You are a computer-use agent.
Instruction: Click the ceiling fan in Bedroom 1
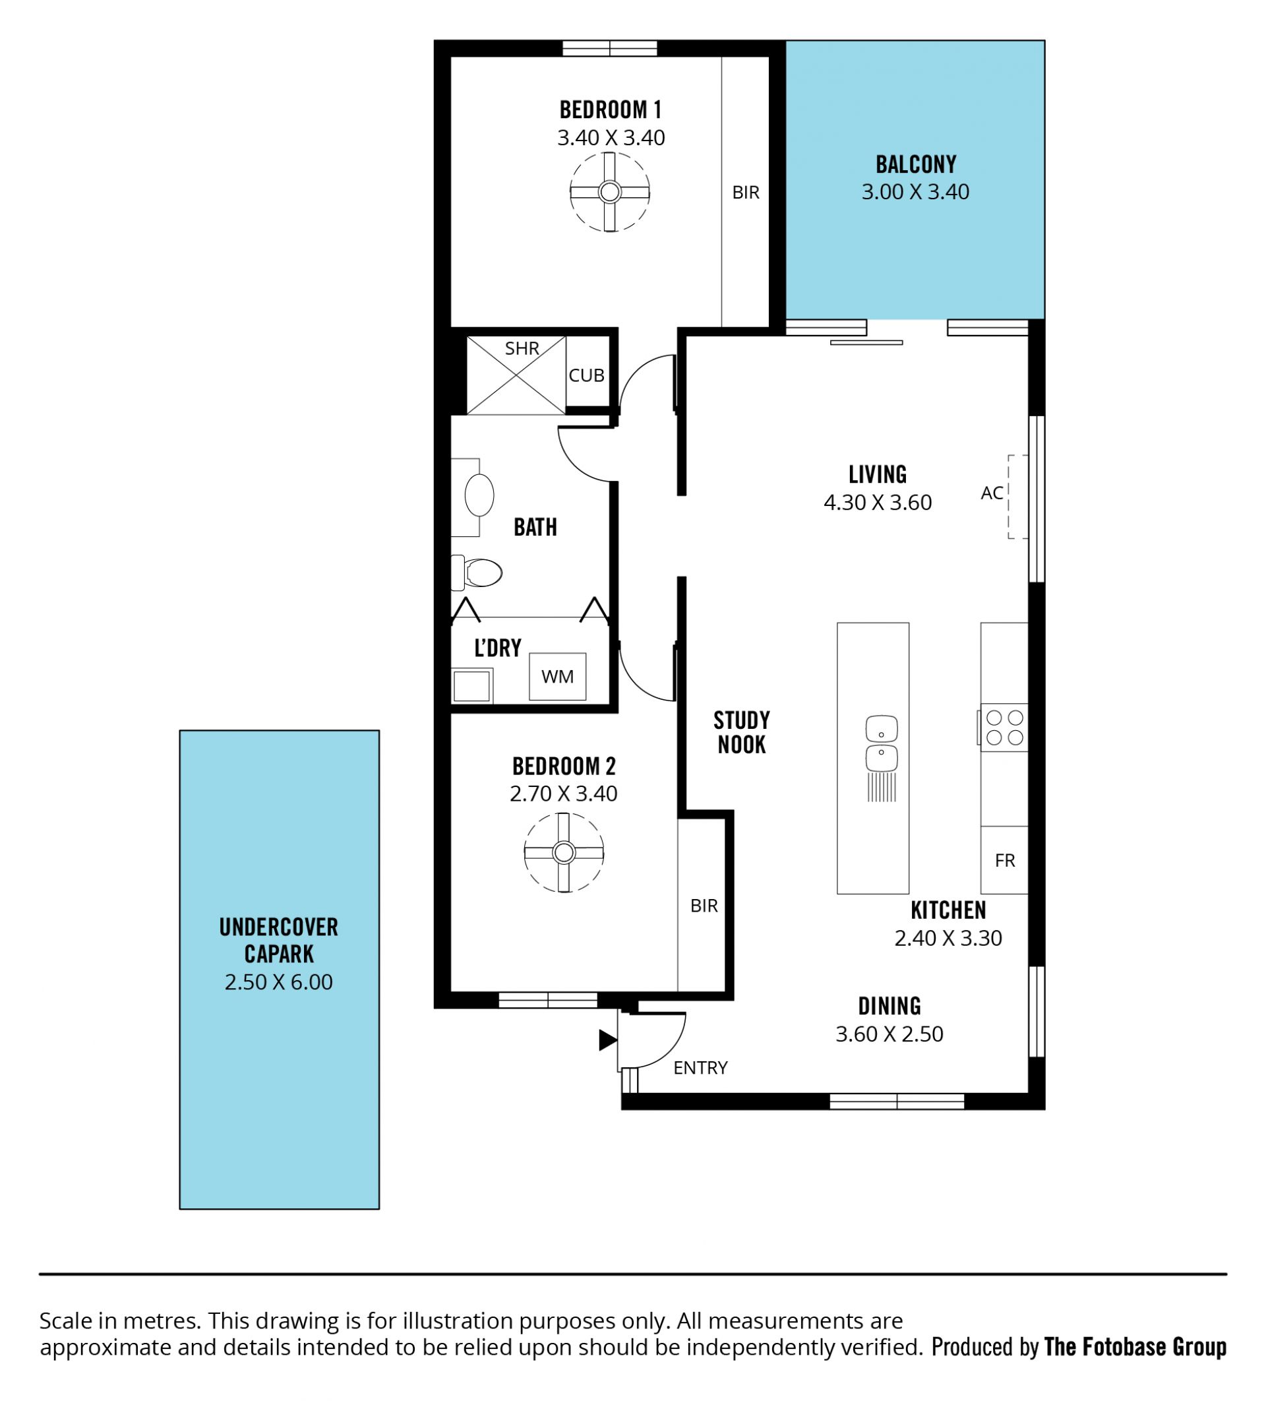pos(609,192)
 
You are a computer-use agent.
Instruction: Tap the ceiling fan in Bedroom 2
pos(564,852)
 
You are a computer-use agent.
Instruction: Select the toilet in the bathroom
pos(477,573)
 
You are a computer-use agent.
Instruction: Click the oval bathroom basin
pos(479,495)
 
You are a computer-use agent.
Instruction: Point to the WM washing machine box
pos(557,676)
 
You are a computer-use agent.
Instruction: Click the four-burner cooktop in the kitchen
pos(1004,727)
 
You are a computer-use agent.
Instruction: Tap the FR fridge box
pos(1004,859)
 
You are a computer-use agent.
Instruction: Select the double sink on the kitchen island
pos(881,743)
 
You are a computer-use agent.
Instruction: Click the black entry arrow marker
pos(608,1040)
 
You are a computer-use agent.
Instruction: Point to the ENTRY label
pos(700,1067)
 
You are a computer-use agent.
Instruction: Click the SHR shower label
pos(522,348)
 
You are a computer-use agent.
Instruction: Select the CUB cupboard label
pos(586,375)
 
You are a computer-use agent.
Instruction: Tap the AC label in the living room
pos(992,493)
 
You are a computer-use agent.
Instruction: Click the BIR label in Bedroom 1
pos(746,193)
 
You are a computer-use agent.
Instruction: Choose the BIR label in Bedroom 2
pos(704,906)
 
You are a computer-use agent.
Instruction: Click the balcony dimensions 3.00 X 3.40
pos(915,192)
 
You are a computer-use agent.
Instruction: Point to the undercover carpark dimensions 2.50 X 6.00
pos(279,982)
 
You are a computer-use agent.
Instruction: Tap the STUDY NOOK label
pos(741,732)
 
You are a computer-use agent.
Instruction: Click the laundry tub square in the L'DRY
pos(472,686)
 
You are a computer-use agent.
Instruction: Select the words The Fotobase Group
pos(1135,1347)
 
